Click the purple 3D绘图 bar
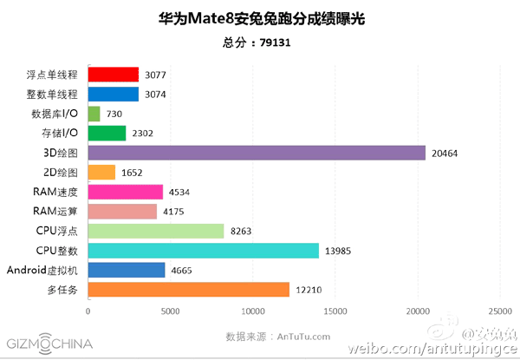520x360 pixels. [x=257, y=153]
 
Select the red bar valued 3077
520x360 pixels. [x=114, y=75]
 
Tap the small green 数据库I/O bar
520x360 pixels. [x=94, y=114]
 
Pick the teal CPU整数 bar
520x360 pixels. [x=204, y=251]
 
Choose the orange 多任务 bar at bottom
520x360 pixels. [x=189, y=290]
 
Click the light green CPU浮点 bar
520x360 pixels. [x=156, y=231]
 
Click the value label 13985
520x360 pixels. [x=341, y=251]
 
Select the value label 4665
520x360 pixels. [x=184, y=271]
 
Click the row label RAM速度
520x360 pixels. [x=55, y=192]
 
